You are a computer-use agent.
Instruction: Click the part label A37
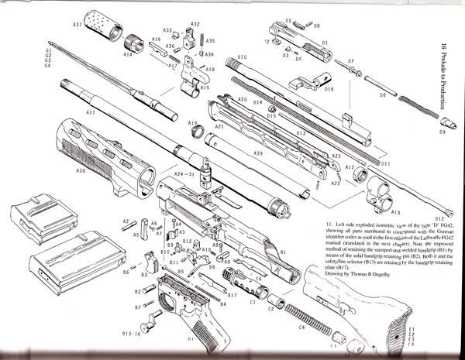click(77, 25)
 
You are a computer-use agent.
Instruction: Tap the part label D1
click(325, 43)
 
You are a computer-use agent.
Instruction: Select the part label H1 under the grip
click(190, 339)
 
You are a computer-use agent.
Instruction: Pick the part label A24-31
click(184, 173)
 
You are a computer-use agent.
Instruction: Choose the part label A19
click(192, 123)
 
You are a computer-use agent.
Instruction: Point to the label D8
click(382, 95)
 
